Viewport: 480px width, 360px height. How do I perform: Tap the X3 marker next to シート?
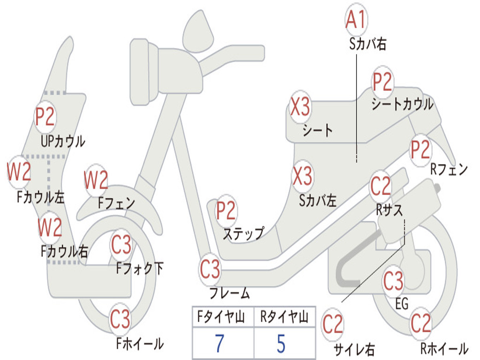(300, 107)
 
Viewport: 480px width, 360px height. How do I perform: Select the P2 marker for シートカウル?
(382, 82)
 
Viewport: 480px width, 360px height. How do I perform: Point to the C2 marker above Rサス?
(380, 187)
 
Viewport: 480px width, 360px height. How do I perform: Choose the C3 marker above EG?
(393, 281)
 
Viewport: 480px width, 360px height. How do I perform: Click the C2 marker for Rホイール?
(420, 323)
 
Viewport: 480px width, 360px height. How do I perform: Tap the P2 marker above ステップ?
(226, 211)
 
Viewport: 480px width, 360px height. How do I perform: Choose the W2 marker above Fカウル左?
(19, 172)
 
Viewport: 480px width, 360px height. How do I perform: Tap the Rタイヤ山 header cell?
(284, 318)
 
